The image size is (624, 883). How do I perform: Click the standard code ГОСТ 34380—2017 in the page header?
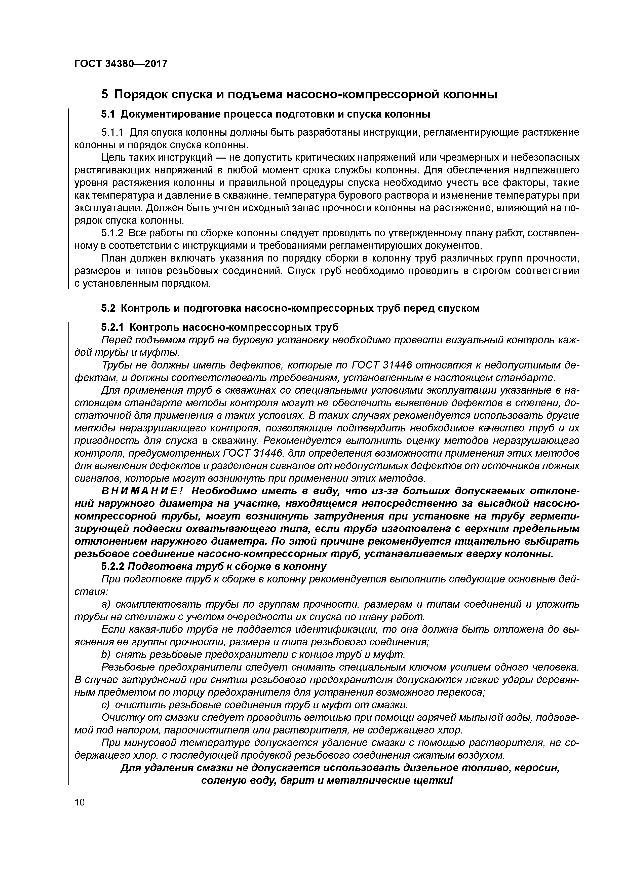pos(121,63)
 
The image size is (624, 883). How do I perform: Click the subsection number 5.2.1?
pos(113,327)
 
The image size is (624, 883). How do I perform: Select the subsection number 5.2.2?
pos(113,567)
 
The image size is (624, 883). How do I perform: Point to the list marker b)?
pos(105,654)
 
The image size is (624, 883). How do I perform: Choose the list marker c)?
pos(105,705)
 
